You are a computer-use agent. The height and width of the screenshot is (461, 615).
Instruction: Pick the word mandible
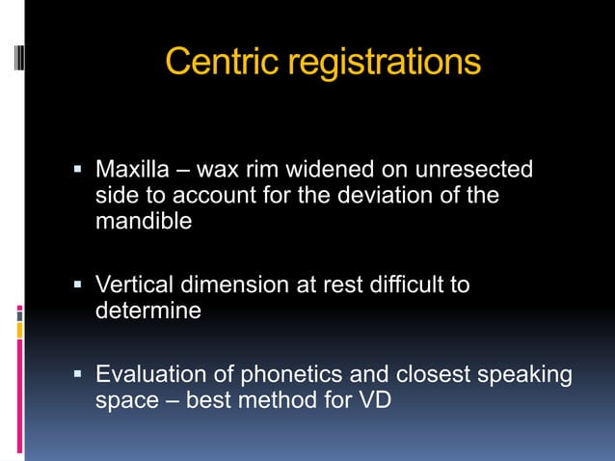click(x=144, y=221)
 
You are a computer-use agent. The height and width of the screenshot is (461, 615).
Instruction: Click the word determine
click(x=148, y=311)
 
